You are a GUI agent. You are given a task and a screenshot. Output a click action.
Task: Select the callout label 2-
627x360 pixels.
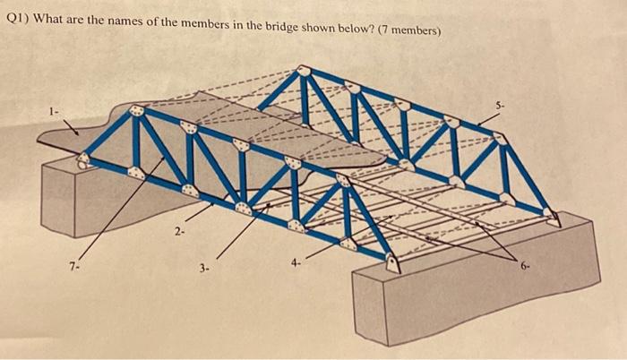pyautogui.click(x=179, y=233)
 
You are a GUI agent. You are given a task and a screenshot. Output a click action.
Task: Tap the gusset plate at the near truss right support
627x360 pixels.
pyautogui.click(x=391, y=262)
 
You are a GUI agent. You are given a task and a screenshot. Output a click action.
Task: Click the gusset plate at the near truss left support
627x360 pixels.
pyautogui.click(x=83, y=161)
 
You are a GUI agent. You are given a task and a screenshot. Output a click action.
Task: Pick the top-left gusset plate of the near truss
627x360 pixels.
pyautogui.click(x=137, y=112)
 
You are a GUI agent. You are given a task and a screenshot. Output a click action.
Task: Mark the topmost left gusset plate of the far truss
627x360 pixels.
pyautogui.click(x=305, y=71)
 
